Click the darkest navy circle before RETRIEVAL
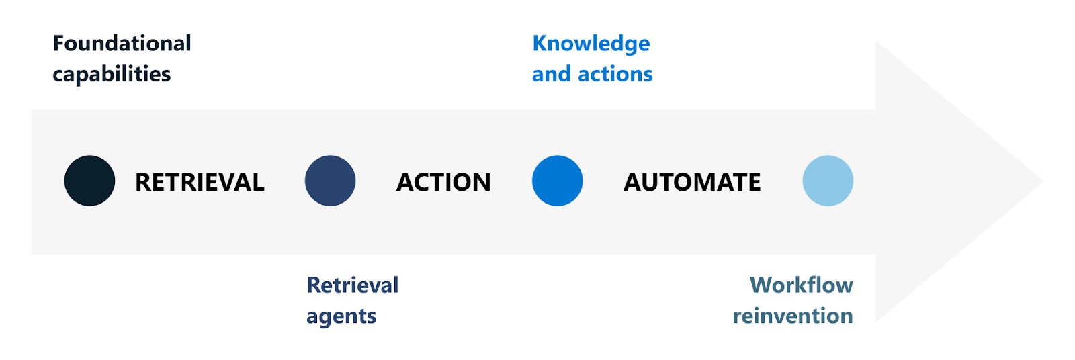[89, 181]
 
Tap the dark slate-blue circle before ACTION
[330, 181]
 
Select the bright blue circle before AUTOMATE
[557, 181]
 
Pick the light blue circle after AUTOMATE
[828, 181]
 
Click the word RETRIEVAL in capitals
[200, 182]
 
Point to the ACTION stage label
[443, 182]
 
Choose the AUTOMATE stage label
[692, 182]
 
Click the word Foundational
[122, 44]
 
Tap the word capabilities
[112, 74]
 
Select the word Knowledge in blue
[591, 44]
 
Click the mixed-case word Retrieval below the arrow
[353, 285]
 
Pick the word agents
[341, 316]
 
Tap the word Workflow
[802, 285]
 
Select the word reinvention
[793, 316]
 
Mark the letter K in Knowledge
[540, 44]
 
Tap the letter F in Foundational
[58, 44]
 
